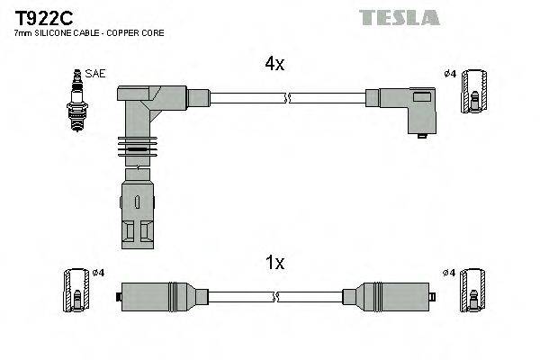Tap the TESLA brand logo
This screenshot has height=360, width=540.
click(399, 17)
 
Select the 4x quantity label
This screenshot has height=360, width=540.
click(274, 64)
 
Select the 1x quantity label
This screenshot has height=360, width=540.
click(274, 263)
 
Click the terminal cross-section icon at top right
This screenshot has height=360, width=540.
click(474, 93)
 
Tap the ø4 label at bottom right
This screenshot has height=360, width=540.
click(448, 272)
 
